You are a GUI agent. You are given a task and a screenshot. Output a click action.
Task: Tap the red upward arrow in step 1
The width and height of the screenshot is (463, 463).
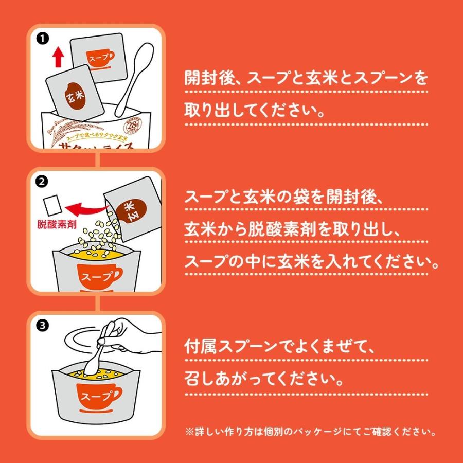[58, 56]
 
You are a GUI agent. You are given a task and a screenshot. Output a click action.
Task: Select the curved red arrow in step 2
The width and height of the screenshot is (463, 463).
[85, 209]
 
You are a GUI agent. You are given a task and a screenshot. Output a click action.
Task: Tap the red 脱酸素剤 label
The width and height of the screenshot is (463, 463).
[57, 225]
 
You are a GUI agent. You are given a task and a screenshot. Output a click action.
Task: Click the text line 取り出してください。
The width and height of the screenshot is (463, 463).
[255, 111]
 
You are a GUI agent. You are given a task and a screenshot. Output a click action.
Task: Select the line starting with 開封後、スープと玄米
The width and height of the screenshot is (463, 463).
[306, 79]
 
